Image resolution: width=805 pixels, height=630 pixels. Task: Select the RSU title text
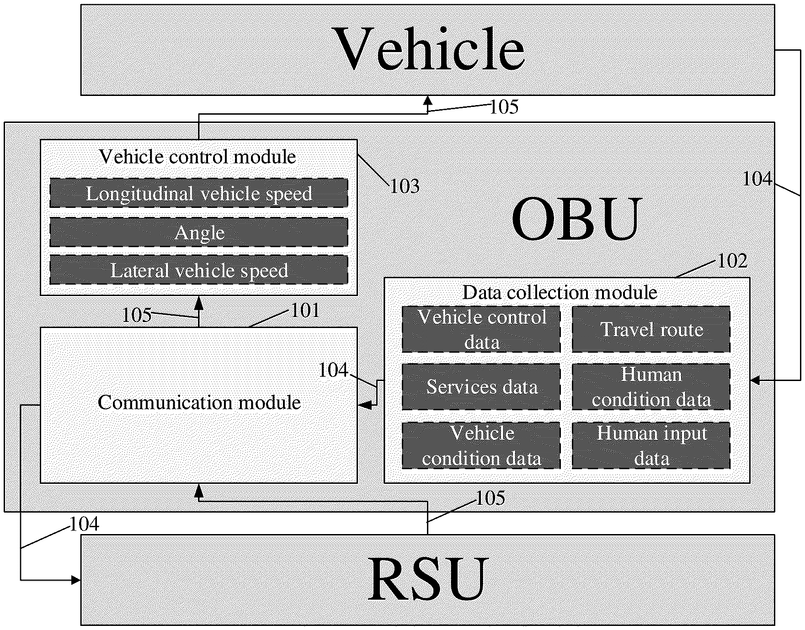[x=428, y=579]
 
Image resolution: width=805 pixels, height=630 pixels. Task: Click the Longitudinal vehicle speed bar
[x=199, y=193]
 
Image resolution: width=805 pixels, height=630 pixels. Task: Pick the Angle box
[x=199, y=233]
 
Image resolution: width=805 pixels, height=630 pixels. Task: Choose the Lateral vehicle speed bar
[x=199, y=270]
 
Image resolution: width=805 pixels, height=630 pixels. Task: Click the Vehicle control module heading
[x=197, y=157]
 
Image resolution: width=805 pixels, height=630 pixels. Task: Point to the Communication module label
[x=199, y=402]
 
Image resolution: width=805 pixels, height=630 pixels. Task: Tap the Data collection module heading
[x=560, y=292]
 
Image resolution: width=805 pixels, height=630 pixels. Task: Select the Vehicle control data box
[x=481, y=329]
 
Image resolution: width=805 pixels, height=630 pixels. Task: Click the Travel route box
[x=651, y=329]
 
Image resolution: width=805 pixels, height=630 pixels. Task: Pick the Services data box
[x=481, y=387]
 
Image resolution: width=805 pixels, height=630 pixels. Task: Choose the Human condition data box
[x=651, y=387]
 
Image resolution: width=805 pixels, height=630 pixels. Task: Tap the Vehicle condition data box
[x=481, y=445]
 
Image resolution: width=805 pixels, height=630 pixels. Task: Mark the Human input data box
[x=651, y=445]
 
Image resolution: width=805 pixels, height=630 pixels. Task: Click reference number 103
[x=405, y=186]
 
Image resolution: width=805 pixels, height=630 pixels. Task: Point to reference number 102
[x=733, y=261]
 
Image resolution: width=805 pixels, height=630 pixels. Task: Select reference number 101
[x=305, y=311]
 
